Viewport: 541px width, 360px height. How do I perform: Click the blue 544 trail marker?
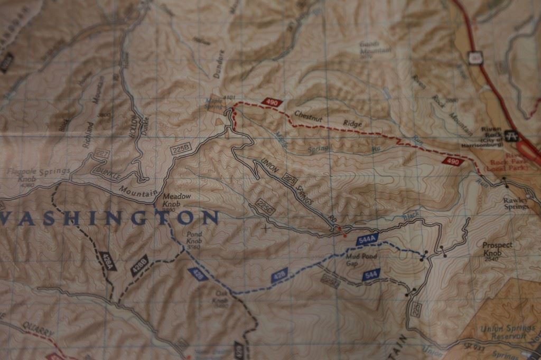coord(371,274)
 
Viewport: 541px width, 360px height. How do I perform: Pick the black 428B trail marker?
coord(138,264)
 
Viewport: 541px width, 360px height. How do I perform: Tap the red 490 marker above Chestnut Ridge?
coord(272,102)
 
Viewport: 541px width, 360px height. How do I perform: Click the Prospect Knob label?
coord(497,249)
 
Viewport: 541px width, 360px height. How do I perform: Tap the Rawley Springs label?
coord(515,203)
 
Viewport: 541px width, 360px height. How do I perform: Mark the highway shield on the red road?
coord(475,55)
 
